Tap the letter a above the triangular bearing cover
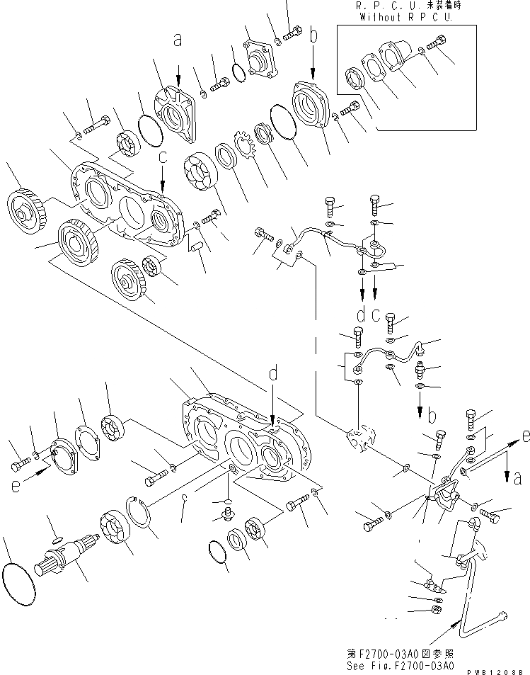[178, 40]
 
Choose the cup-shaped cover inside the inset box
[392, 56]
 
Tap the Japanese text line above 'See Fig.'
[410, 652]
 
